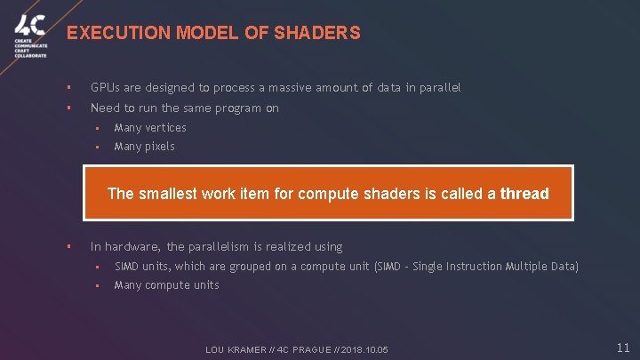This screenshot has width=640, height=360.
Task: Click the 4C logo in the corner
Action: click(x=29, y=25)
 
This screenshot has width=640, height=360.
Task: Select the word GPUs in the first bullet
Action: click(x=105, y=88)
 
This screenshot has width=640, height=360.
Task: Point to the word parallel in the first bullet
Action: click(x=439, y=88)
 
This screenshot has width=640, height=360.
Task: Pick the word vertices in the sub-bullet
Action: click(x=165, y=128)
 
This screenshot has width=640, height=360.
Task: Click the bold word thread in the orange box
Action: click(x=524, y=193)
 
